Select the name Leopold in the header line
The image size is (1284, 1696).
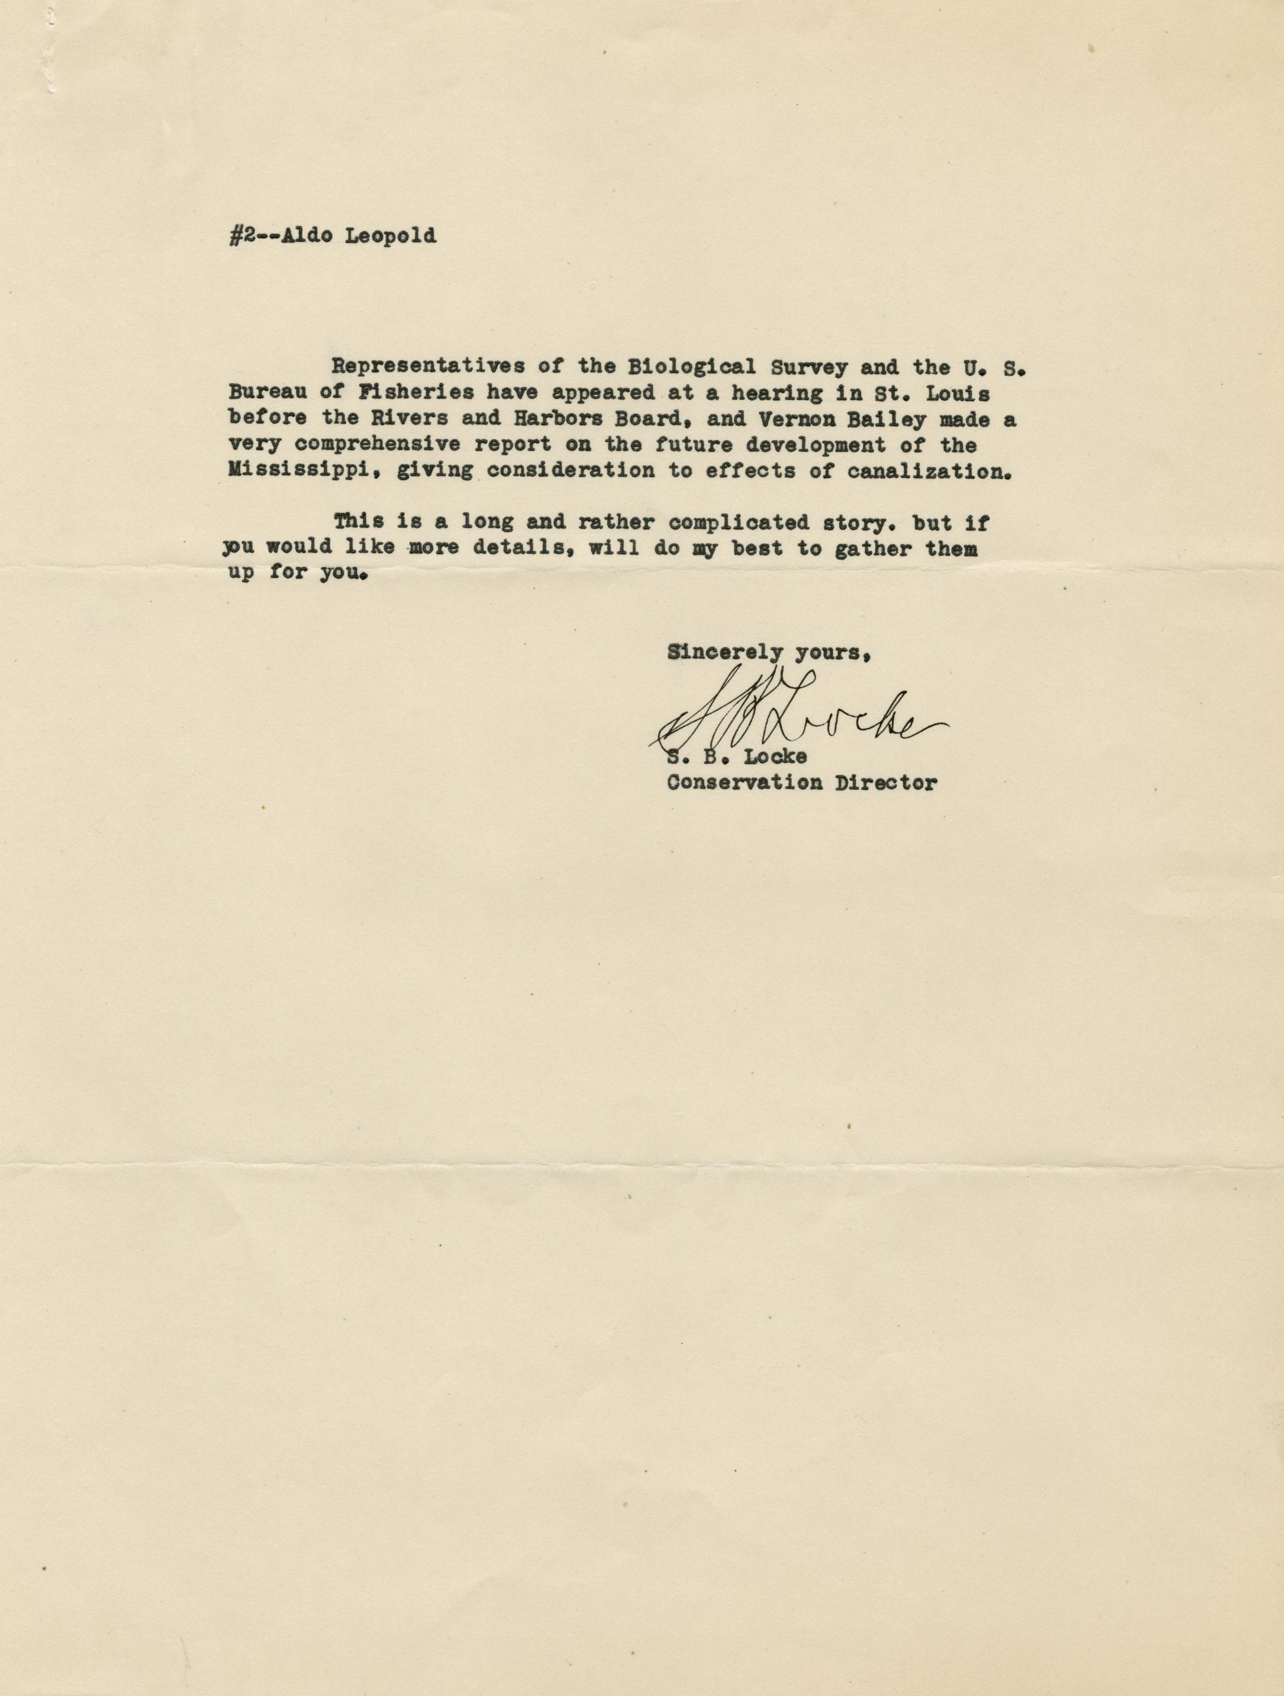pos(390,236)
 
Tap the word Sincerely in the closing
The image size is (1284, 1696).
pos(726,652)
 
